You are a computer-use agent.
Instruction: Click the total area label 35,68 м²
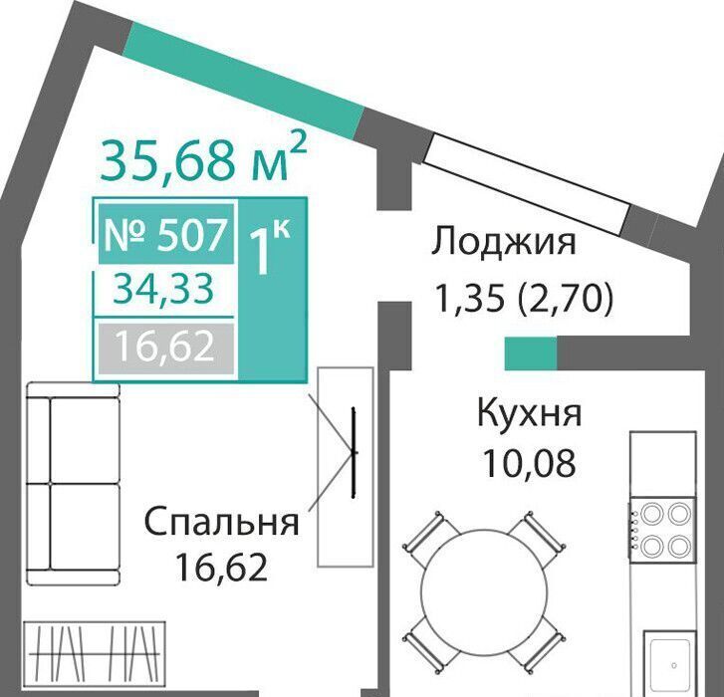pos(203,158)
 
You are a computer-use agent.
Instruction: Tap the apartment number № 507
pos(166,234)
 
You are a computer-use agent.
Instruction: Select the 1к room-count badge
pos(270,246)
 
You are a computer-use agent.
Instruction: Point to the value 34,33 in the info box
pos(164,290)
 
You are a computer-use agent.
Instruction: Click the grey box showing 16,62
pos(165,348)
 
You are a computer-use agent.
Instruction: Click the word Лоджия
pos(504,242)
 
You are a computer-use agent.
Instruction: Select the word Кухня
pos(529,413)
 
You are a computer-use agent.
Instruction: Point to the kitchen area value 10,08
pos(529,463)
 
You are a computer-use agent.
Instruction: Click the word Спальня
pos(222,522)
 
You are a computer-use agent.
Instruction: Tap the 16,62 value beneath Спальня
pos(222,568)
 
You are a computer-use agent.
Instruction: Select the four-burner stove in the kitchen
pos(662,529)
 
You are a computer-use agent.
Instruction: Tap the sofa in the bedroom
pos(74,483)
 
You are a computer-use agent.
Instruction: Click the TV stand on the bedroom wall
pos(346,467)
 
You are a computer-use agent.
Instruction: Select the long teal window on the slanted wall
pos(245,80)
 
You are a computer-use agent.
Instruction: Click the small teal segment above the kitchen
pos(531,353)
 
